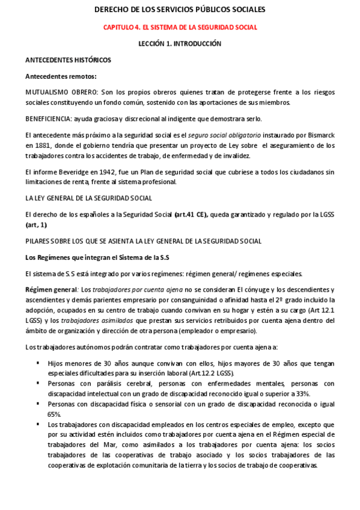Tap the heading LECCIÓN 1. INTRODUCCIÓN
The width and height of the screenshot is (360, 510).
tap(180, 44)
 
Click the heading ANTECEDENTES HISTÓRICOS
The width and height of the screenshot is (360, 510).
tap(68, 60)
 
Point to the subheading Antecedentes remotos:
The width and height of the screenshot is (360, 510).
tap(61, 76)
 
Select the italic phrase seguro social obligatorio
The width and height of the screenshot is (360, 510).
tap(215, 136)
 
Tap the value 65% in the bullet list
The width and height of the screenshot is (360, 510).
tap(54, 414)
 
